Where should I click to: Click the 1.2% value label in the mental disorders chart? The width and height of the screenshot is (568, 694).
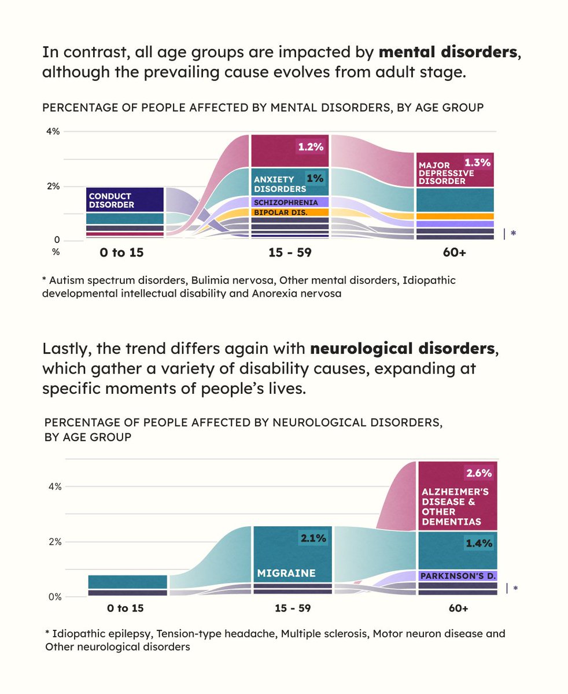tap(311, 147)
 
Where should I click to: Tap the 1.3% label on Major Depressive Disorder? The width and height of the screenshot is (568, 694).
tap(477, 163)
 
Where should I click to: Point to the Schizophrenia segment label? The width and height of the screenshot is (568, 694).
tap(286, 202)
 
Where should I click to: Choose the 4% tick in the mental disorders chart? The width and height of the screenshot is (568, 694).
tap(53, 131)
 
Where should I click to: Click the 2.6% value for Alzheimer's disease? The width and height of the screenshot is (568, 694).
tap(479, 473)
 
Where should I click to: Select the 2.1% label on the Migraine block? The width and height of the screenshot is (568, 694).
tap(313, 538)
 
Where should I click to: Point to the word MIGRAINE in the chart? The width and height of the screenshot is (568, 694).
tap(286, 574)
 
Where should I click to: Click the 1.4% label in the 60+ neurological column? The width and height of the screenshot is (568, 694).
tap(479, 543)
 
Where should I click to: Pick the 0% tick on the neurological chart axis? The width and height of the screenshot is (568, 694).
tap(54, 597)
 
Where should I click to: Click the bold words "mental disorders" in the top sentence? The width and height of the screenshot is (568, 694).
tap(448, 52)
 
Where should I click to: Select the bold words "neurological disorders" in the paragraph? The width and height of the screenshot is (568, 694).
tap(403, 349)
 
